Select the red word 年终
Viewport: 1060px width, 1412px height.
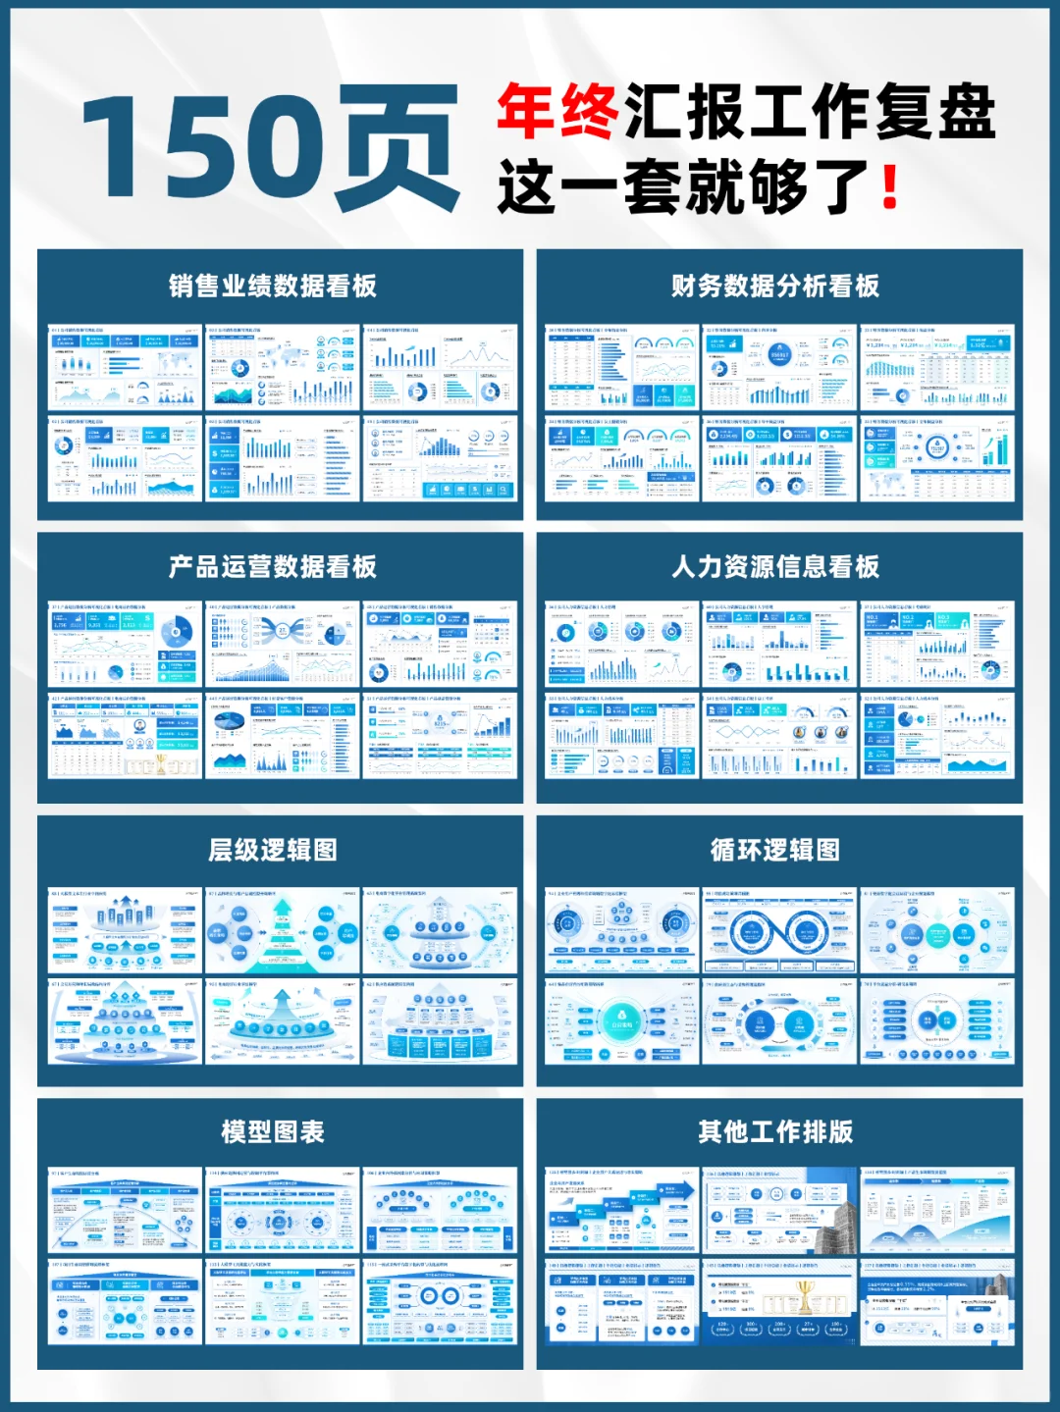(556, 112)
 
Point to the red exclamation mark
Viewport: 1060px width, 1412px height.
(890, 186)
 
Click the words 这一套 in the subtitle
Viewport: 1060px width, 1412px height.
(589, 186)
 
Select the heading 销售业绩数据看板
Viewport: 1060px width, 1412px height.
(273, 286)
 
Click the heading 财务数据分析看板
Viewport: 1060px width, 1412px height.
(775, 286)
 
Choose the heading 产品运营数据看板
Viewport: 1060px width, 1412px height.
(273, 566)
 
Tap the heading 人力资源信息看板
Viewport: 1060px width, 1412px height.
(775, 566)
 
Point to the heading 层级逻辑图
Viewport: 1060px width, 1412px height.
(273, 850)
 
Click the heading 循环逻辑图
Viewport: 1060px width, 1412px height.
(775, 850)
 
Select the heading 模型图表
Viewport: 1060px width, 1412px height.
(273, 1131)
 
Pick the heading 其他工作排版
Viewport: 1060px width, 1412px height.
(775, 1131)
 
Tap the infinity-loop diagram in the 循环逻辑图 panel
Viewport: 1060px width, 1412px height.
(779, 931)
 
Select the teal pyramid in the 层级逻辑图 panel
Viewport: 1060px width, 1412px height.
(282, 931)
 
